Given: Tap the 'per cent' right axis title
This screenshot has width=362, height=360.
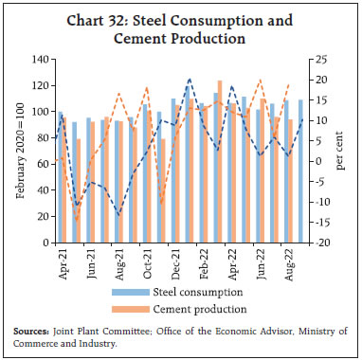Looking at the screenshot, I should pos(340,152).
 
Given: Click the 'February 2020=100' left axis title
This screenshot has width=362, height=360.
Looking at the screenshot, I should pos(20,152).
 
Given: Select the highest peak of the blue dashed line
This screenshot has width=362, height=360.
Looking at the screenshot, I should pos(190,80).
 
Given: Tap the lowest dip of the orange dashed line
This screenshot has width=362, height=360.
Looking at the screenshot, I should pos(77,222).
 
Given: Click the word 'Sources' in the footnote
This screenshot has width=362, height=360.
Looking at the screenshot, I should pos(31,332).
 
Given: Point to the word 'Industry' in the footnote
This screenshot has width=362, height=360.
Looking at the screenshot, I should pos(101,343).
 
